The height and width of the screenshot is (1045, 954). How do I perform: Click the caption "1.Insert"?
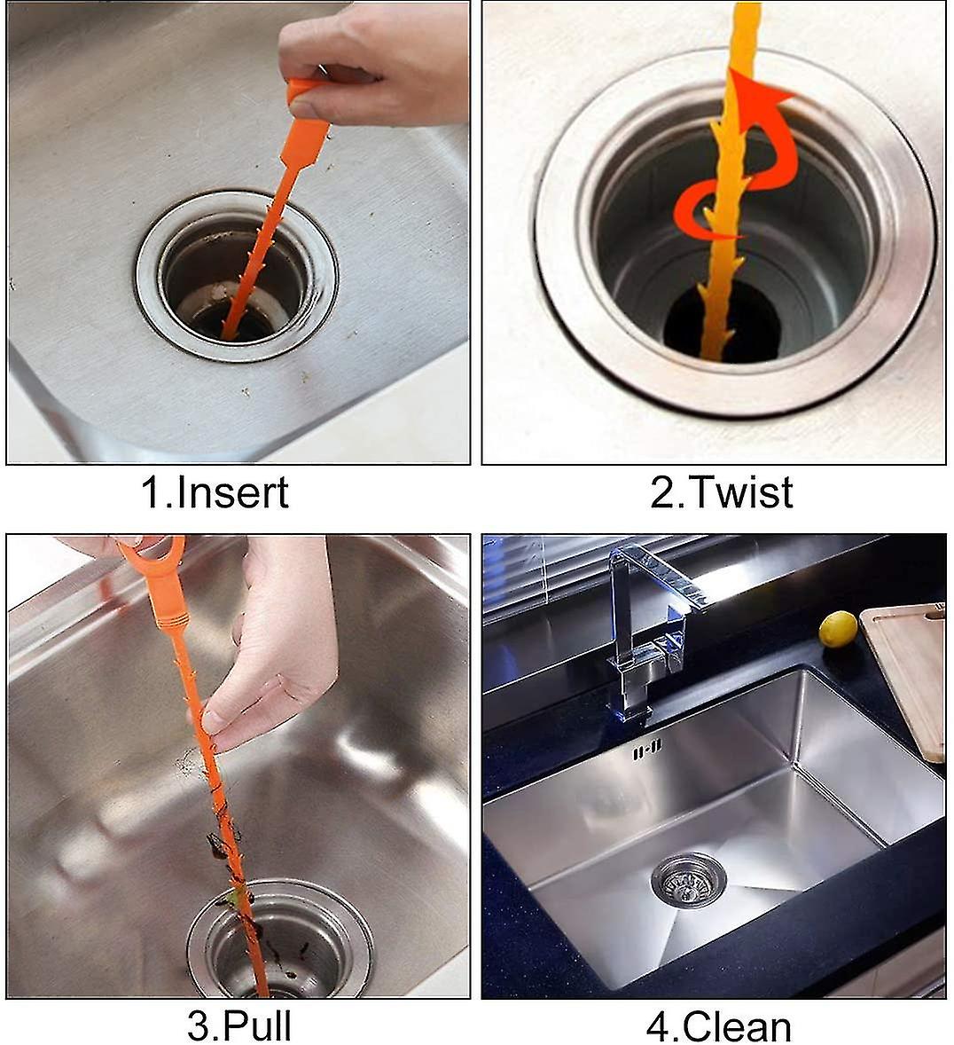coord(215,492)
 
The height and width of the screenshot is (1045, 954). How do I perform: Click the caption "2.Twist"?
coord(721,492)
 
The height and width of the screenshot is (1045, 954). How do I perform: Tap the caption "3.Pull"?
coord(238,1025)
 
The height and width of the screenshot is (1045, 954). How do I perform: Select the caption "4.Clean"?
coord(718,1025)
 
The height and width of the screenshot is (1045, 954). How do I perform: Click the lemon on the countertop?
coord(837,629)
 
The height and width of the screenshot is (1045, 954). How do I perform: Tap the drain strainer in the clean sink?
coord(688,879)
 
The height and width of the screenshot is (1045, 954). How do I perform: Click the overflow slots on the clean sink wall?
coord(646,750)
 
